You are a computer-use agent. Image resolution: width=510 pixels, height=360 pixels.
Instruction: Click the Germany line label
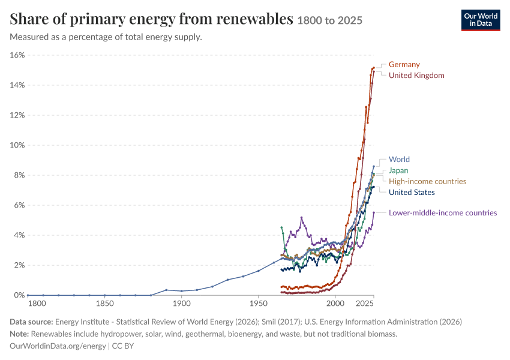pos(404,64)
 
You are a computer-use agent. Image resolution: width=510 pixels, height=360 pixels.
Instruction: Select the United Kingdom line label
pos(416,76)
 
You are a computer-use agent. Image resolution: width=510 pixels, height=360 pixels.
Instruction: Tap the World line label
pos(399,160)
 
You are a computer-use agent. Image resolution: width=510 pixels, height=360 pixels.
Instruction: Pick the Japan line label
pos(398,170)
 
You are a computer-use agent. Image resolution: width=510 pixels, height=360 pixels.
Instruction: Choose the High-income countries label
pos(427,181)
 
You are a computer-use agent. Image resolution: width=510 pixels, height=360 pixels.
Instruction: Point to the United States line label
pos(412,192)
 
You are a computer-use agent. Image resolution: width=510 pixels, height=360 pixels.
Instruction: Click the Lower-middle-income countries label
pos(443,212)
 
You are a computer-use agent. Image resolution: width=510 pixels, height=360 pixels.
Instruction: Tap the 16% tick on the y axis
pos(17,55)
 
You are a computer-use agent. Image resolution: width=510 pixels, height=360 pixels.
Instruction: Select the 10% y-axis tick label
pos(17,145)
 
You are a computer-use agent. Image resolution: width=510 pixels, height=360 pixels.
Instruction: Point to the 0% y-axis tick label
pos(19,295)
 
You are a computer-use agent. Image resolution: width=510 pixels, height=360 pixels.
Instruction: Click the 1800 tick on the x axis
pos(37,304)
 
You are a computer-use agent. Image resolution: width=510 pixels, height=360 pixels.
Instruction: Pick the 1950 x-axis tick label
pos(258,304)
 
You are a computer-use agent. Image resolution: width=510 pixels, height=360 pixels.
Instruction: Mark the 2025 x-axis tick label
pos(364,304)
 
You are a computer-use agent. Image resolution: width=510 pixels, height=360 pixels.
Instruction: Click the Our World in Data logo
pos(481,20)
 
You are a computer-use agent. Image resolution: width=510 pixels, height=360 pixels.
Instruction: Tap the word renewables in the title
pos(254,19)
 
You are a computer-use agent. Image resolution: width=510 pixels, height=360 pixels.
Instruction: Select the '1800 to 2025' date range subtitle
pos(329,20)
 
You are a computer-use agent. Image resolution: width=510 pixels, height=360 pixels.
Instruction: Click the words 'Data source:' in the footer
pos(31,322)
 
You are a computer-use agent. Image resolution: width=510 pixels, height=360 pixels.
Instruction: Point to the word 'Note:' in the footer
pos(19,334)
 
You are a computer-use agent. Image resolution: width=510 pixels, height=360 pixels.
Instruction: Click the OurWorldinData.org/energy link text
pos(58,346)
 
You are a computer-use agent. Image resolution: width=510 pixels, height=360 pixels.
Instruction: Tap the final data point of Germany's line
pos(374,68)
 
